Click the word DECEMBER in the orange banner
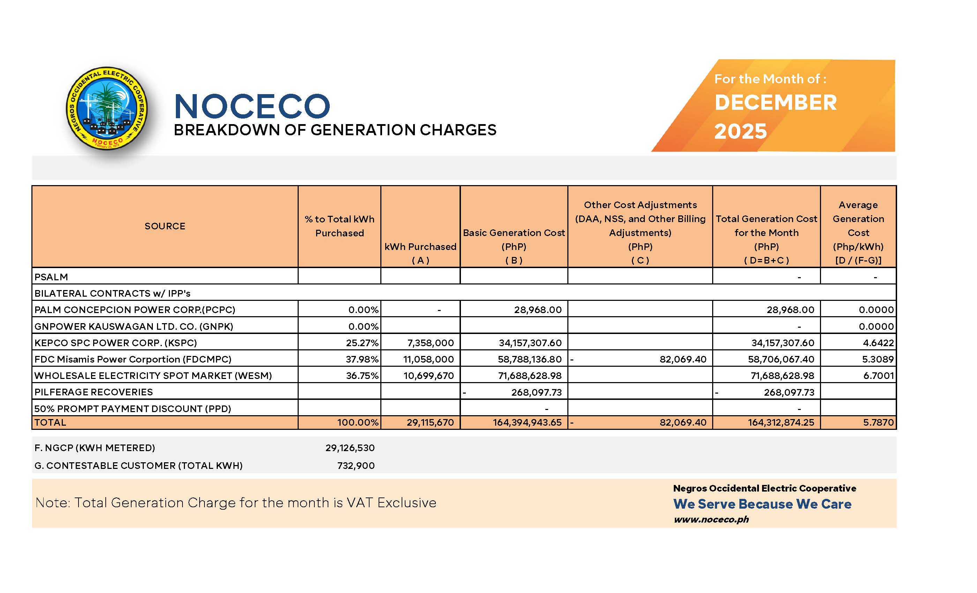pyautogui.click(x=775, y=102)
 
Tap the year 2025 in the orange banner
pyautogui.click(x=740, y=131)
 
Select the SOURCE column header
pyautogui.click(x=165, y=226)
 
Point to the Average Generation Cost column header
pyautogui.click(x=858, y=232)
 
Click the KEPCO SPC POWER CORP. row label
pyautogui.click(x=115, y=343)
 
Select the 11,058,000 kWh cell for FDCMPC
pyautogui.click(x=428, y=359)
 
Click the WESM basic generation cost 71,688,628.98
pyautogui.click(x=530, y=375)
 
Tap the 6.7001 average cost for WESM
pyautogui.click(x=878, y=375)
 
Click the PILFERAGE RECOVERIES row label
pyautogui.click(x=94, y=392)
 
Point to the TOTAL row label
pyautogui.click(x=50, y=422)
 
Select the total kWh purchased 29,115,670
pyautogui.click(x=430, y=422)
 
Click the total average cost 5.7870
pyautogui.click(x=878, y=422)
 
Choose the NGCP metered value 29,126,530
pyautogui.click(x=350, y=448)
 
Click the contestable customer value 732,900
pyautogui.click(x=356, y=465)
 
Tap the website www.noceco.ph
pyautogui.click(x=711, y=519)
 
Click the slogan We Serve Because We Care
pyautogui.click(x=762, y=504)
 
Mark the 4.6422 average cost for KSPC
pyautogui.click(x=878, y=343)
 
